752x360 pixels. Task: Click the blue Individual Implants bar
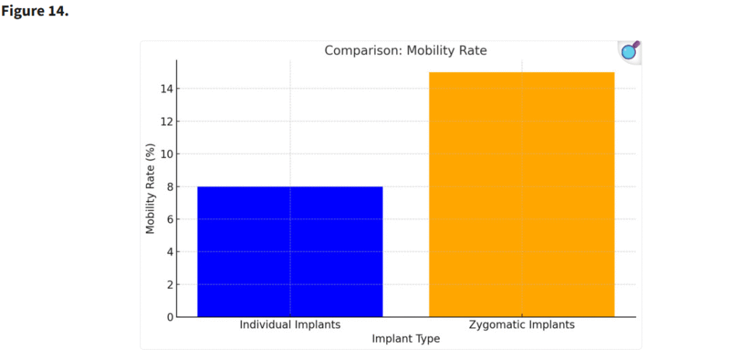[x=290, y=251]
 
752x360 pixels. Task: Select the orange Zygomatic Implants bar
[x=521, y=195]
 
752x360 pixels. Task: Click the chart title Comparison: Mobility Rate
[x=405, y=51]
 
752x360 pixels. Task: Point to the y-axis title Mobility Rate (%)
[x=151, y=190]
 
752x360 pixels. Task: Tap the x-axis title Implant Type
[x=405, y=339]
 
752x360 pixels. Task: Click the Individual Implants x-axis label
[x=290, y=324]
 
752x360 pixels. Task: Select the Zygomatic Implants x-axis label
[x=521, y=324]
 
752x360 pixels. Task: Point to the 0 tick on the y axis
[x=169, y=317]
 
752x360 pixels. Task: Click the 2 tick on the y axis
[x=169, y=284]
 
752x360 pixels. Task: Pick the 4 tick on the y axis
[x=169, y=252]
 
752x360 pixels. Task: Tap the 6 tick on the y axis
[x=169, y=219]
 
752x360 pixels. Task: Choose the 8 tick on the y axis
[x=169, y=187]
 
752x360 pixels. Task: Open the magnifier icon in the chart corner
[x=629, y=51]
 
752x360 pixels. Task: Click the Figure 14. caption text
[x=35, y=13]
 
